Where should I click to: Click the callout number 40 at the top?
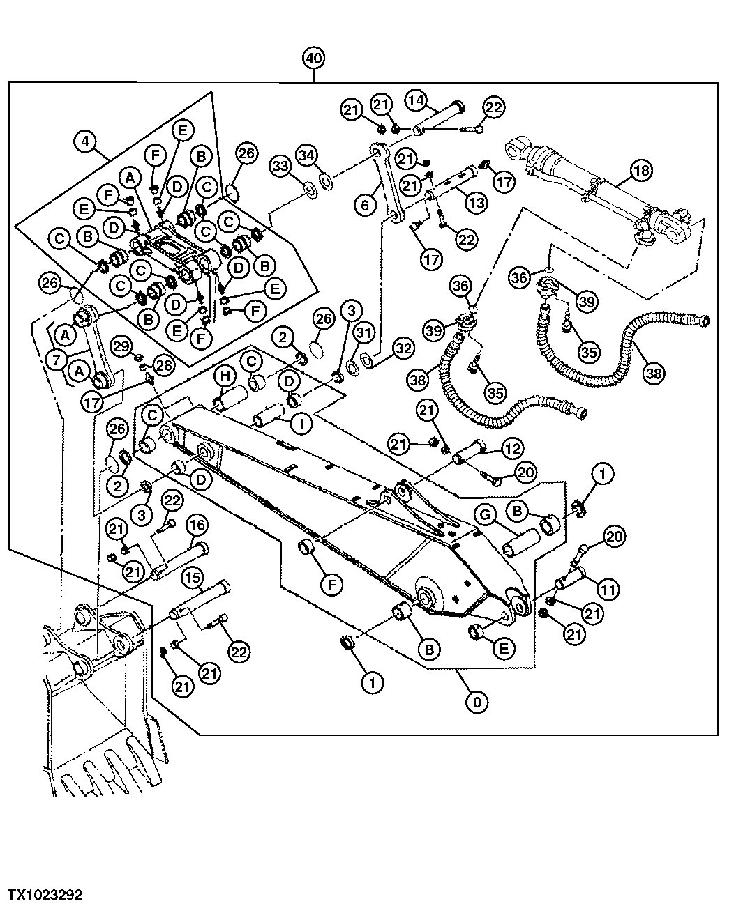[313, 59]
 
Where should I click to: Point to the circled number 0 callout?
[477, 702]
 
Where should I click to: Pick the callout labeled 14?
[416, 101]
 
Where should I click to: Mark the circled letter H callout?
[225, 377]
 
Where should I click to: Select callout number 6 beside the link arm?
[365, 204]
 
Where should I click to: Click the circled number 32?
[403, 346]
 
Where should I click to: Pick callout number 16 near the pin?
[196, 525]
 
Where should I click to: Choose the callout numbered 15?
[193, 577]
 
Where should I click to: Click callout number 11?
[608, 590]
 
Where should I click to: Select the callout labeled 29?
[121, 346]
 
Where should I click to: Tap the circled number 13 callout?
[477, 204]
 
